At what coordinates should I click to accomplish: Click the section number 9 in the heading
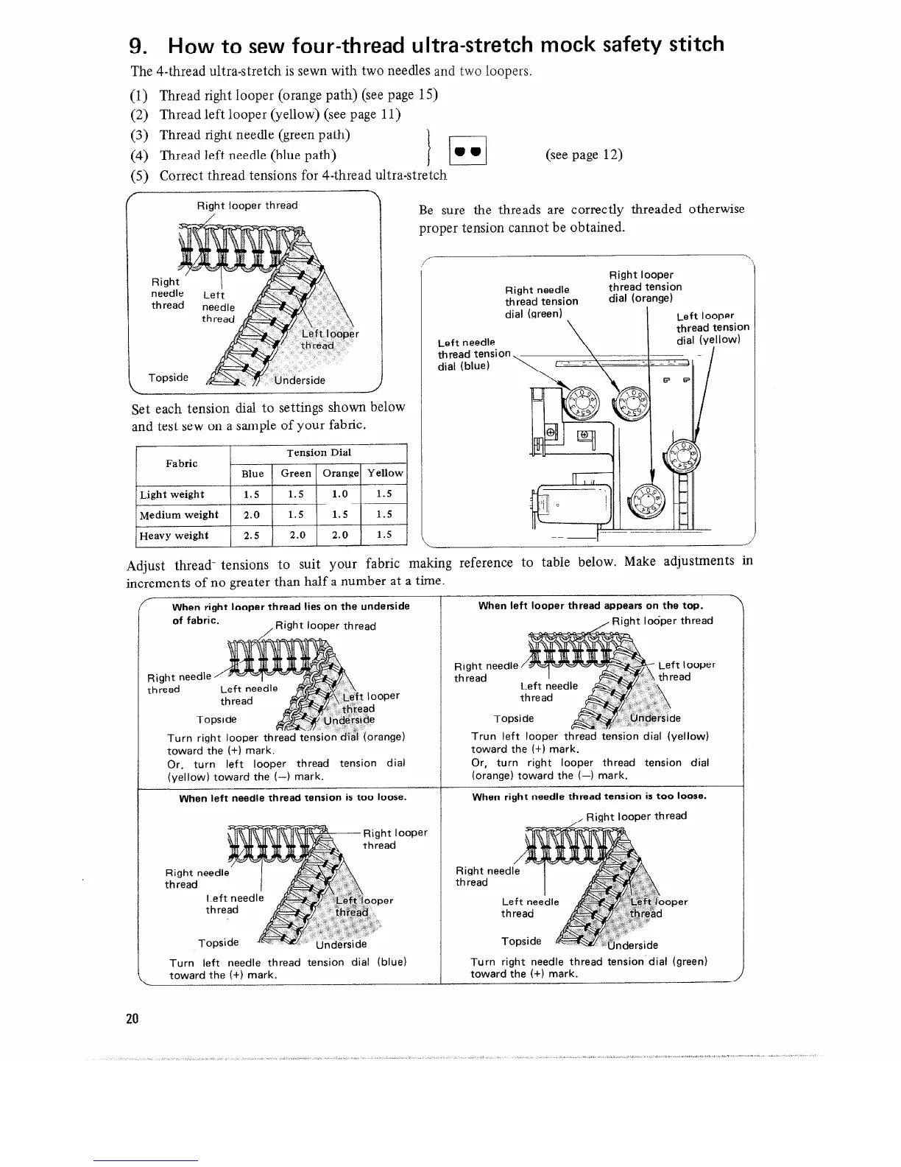click(136, 46)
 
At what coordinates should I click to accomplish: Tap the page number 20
click(132, 1019)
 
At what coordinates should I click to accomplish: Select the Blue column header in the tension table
click(252, 474)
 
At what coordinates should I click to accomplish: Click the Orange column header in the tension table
click(339, 474)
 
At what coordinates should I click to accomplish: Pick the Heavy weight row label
click(174, 536)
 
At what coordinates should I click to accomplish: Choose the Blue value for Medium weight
click(251, 515)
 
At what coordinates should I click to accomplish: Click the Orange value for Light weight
click(339, 494)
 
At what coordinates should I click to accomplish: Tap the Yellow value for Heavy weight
click(384, 536)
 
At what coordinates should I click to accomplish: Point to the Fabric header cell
click(182, 463)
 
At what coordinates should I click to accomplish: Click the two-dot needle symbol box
click(469, 153)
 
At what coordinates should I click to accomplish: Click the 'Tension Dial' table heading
click(319, 452)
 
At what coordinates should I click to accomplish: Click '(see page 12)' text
click(584, 154)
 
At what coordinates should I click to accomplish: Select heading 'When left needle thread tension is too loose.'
click(293, 797)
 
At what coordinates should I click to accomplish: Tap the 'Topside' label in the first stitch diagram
click(168, 378)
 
